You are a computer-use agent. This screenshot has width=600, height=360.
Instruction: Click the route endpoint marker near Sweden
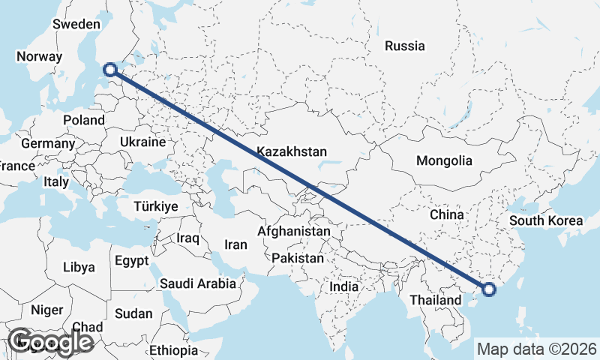pos(110,70)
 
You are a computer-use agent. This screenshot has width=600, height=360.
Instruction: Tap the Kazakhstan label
pos(292,151)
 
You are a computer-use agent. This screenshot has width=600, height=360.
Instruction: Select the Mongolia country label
pos(445,160)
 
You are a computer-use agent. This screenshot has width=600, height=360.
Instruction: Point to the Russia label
pos(405,46)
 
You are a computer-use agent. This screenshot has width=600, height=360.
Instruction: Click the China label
pos(447,214)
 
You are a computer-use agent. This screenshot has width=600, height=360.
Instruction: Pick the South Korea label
pos(546,220)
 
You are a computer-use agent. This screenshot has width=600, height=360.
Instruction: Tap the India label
pos(344,286)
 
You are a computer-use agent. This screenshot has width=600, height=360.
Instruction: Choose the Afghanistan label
pos(293,232)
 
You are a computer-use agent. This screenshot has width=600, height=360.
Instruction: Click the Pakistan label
pos(298,258)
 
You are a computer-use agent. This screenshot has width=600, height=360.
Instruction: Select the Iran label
pos(236,244)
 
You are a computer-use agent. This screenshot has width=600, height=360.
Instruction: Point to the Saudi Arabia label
pos(198,284)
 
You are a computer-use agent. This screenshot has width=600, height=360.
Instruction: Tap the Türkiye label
pos(155,206)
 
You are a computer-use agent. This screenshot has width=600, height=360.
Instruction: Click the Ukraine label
pos(142,142)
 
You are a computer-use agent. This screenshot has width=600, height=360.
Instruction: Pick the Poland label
pos(84,120)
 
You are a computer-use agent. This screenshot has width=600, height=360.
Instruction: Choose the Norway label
pos(38,56)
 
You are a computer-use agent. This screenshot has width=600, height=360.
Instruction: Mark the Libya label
pos(79,266)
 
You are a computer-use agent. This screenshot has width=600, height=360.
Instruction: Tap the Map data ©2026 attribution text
pos(537,349)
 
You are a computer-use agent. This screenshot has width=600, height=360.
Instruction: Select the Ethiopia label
pos(173,350)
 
